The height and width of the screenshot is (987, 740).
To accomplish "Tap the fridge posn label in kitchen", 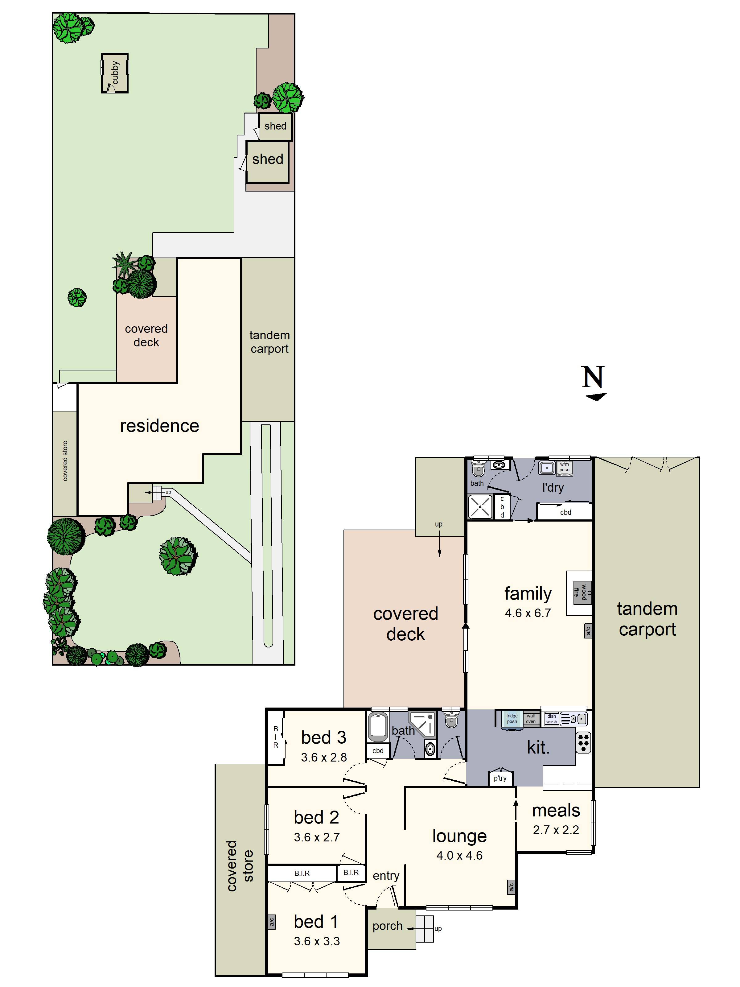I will (x=512, y=718).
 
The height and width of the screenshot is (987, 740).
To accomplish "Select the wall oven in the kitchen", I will (x=530, y=718).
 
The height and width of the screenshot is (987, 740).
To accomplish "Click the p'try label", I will (x=500, y=778).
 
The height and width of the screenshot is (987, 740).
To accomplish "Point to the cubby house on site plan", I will (x=115, y=73).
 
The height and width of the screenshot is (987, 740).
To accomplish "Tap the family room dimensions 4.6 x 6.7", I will (x=528, y=613).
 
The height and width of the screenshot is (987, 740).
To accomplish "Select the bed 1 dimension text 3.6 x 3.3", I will (x=317, y=941).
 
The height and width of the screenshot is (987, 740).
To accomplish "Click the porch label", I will (x=387, y=926).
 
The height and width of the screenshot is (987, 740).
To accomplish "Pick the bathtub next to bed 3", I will (x=378, y=727).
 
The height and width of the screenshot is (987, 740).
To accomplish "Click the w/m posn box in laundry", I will (x=564, y=467).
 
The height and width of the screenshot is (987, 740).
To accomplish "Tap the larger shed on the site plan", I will (x=267, y=162).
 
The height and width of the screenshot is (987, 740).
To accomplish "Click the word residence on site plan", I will (x=159, y=426).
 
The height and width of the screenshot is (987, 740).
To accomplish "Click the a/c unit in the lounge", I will (x=511, y=887).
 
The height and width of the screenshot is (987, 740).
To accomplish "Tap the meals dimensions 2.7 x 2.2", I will (x=556, y=830).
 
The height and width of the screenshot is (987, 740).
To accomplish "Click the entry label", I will (x=386, y=875).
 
